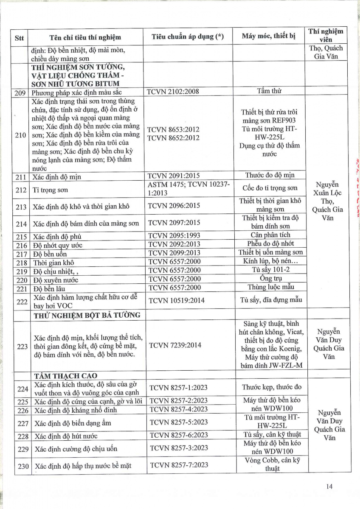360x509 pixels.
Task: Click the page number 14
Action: click(329, 487)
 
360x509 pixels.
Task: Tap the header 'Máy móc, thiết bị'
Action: click(268, 36)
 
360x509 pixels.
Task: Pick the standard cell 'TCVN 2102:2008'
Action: click(173, 91)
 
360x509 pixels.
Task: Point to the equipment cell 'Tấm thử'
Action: click(269, 90)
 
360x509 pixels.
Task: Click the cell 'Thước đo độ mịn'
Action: click(270, 175)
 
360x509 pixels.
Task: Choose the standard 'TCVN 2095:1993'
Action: click(174, 235)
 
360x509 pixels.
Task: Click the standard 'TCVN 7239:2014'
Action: click(174, 345)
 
